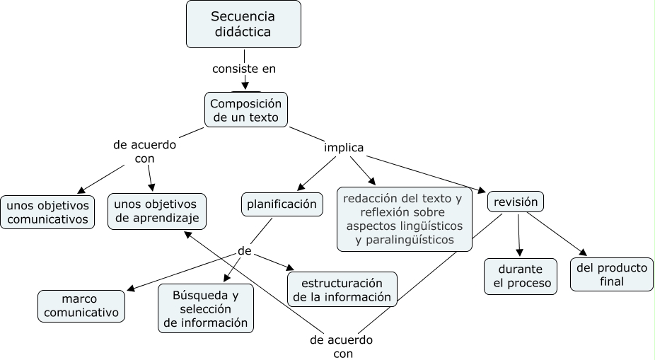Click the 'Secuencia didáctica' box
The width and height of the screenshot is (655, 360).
[x=243, y=24]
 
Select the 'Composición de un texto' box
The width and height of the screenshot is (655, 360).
[x=246, y=110]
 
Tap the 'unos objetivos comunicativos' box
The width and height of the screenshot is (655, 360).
[x=47, y=212]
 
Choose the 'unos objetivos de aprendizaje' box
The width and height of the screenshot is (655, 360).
[x=157, y=211]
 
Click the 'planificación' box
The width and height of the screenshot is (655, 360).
[x=282, y=204]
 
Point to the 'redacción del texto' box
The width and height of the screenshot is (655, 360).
[x=405, y=219]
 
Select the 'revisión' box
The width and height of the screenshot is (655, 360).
[x=516, y=202]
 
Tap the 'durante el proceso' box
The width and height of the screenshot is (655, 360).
[x=520, y=277]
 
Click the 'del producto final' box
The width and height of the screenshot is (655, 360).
[x=612, y=274]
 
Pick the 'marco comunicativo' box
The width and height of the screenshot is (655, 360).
[x=81, y=306]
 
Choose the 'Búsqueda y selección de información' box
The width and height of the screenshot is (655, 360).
[x=205, y=308]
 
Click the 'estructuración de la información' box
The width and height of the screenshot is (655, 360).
[x=342, y=289]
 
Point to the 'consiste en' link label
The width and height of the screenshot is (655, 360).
[x=244, y=69]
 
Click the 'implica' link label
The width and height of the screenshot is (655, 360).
[x=344, y=148]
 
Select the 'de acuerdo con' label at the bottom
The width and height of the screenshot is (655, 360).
[x=341, y=347]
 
